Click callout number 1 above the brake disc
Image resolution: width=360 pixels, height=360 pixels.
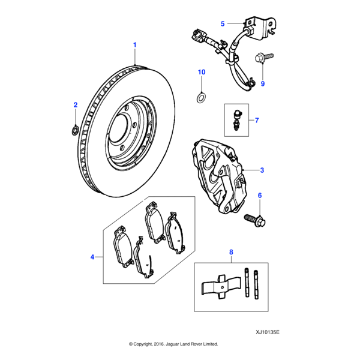(x=134, y=45)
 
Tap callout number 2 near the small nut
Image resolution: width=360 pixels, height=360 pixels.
(x=76, y=106)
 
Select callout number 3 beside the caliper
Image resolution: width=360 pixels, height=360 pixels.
(x=262, y=170)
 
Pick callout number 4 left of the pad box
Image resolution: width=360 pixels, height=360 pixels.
(x=92, y=257)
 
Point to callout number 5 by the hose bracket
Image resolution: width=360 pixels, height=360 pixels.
(x=223, y=24)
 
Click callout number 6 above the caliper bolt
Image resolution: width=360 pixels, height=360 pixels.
(x=260, y=196)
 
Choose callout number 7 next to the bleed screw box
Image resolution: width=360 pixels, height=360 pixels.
(x=256, y=121)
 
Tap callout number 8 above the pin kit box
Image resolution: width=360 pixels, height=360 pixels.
(x=231, y=253)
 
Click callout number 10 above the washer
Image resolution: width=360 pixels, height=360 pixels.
(x=202, y=72)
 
